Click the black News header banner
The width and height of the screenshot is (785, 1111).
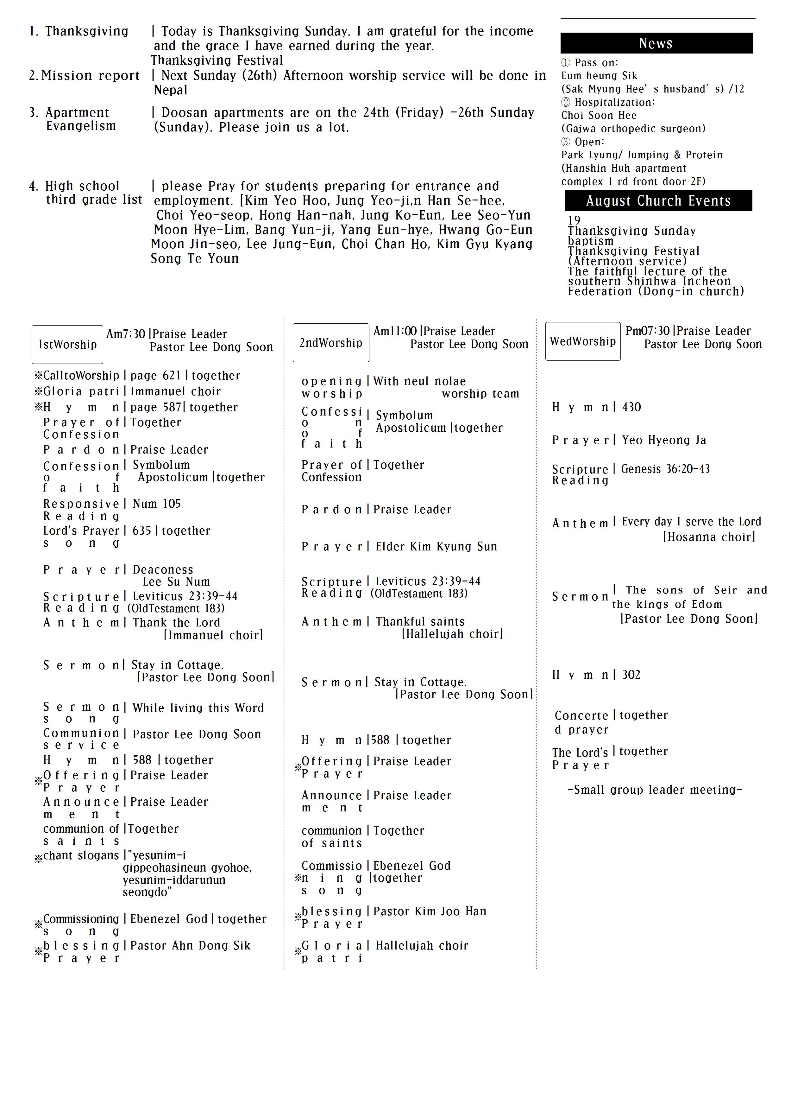pos(656,43)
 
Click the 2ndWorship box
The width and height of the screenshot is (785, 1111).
pos(331,343)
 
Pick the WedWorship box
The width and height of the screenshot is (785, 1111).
pos(583,341)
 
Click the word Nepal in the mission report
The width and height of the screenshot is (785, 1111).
pos(170,90)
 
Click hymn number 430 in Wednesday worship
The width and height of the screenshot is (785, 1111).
pos(631,407)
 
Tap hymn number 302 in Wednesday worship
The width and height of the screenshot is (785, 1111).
pos(631,675)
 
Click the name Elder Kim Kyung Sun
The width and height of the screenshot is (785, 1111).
pos(436,546)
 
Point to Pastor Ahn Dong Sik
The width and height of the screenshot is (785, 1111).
pos(190,945)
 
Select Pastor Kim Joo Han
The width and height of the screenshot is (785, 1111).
pos(430,911)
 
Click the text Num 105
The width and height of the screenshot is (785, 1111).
pos(157,504)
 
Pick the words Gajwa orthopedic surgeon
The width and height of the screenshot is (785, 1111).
pos(633,128)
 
